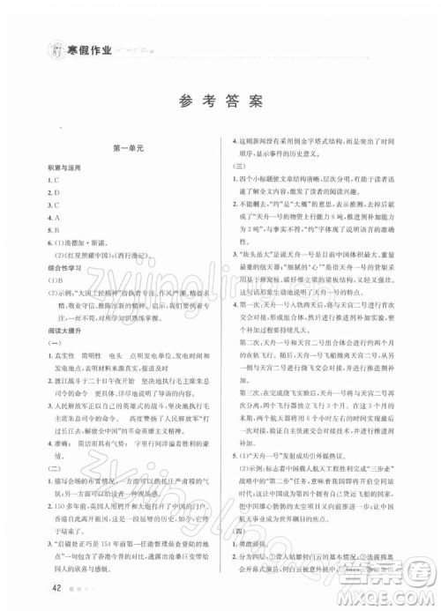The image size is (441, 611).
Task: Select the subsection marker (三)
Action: [236, 165]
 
